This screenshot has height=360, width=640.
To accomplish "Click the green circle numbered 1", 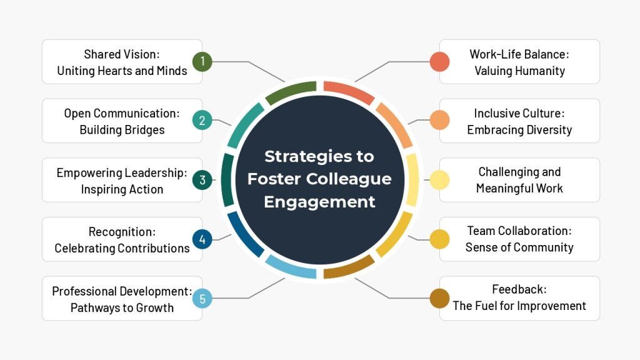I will (x=202, y=62).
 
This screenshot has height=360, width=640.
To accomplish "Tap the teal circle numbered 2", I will (x=202, y=121).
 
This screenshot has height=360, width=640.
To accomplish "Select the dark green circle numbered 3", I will (x=202, y=180).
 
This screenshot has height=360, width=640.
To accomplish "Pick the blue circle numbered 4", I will (x=202, y=239).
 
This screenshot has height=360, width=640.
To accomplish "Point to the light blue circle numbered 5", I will (x=202, y=298).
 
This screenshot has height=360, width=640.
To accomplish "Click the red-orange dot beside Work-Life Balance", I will (x=440, y=62).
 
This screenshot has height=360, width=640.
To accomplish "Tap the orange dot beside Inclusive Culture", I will (x=440, y=121).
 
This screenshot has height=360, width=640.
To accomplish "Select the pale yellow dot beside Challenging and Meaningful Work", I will (x=440, y=180).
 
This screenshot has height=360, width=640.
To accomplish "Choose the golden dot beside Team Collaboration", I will (x=440, y=239).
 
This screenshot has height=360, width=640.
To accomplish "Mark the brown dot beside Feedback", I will (x=440, y=298).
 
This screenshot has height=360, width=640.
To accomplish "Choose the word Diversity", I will (x=549, y=130).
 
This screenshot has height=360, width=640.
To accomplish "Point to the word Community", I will (x=542, y=247).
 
